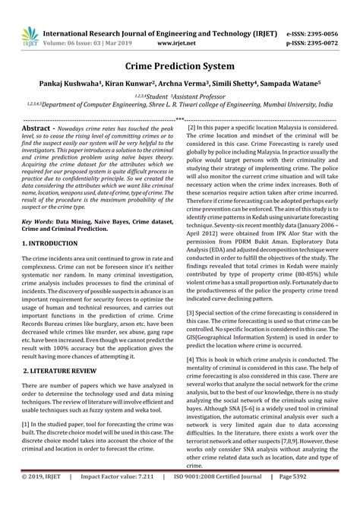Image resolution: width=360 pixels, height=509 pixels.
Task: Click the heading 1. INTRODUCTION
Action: (52, 243)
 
